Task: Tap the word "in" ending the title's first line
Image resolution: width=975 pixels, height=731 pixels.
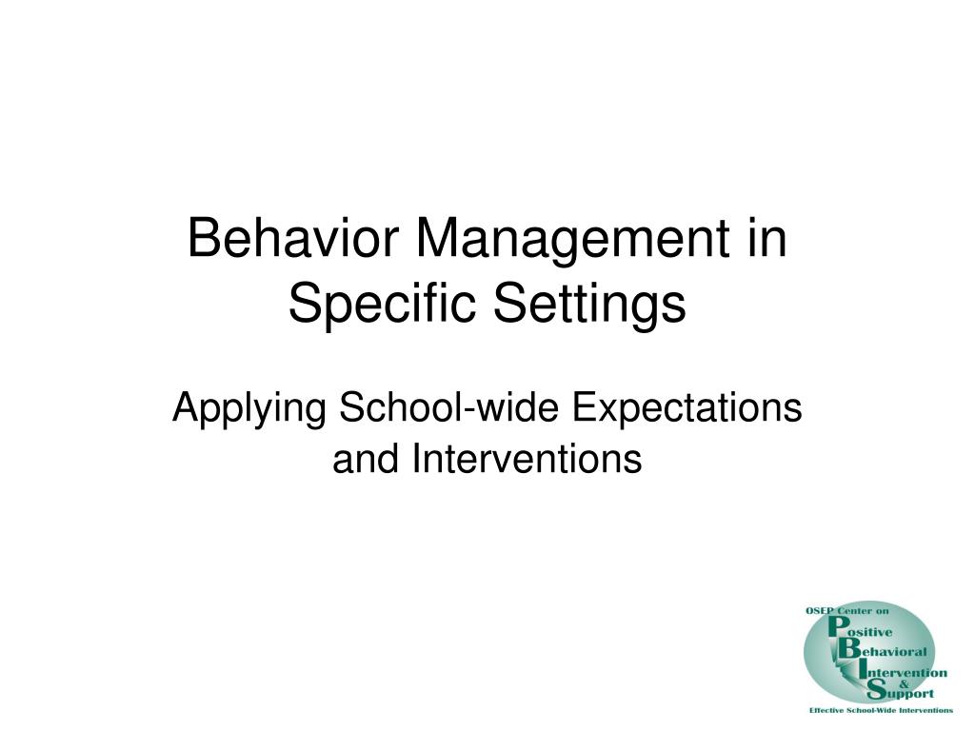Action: (766, 237)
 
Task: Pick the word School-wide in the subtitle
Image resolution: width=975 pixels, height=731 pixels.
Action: (449, 407)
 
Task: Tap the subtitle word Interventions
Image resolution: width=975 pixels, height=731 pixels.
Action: (527, 460)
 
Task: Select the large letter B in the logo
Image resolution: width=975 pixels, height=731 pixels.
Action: (848, 648)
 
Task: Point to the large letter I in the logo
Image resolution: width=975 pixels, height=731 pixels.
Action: (862, 669)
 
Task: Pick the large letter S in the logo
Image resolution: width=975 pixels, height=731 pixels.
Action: (876, 688)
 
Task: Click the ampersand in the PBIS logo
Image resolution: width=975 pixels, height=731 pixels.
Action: (905, 683)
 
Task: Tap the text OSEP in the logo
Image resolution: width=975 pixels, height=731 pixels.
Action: (820, 611)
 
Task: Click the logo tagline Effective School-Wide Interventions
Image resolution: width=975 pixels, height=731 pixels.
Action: (881, 710)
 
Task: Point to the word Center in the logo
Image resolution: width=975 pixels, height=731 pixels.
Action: (855, 611)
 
